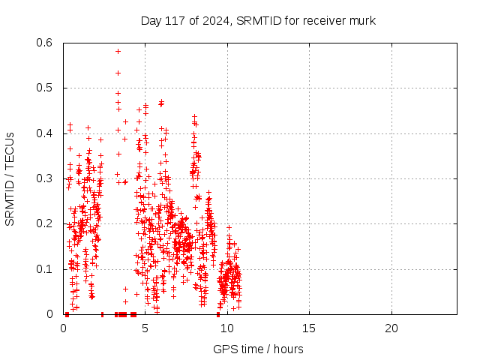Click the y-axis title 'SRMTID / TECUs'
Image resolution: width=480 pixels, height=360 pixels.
tap(10, 178)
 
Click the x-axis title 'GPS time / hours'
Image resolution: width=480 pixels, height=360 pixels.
tap(258, 349)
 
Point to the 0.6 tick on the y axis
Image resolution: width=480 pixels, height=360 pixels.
tap(46, 43)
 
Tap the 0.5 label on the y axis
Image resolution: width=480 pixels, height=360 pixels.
tap(46, 88)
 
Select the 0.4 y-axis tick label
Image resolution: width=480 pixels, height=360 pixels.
tap(46, 133)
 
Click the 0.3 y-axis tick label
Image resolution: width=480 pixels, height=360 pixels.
tap(46, 178)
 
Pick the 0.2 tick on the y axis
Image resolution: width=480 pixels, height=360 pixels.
tap(46, 223)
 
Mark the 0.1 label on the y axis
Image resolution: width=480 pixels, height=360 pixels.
tap(46, 269)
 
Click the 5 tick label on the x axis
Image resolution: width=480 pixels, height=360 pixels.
tap(145, 328)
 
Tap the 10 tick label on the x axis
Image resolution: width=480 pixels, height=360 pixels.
tap(226, 328)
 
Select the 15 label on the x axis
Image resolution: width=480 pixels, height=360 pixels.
tap(309, 328)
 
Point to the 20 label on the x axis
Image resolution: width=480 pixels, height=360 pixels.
tap(391, 328)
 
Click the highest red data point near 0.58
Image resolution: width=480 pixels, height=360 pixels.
tap(118, 51)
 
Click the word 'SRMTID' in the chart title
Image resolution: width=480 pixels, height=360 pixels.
tap(258, 20)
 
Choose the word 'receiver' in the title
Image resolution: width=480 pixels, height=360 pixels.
tap(324, 20)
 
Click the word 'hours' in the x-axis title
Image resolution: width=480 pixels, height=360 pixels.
tap(287, 349)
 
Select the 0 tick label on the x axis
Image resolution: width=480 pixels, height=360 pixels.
tap(63, 328)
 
